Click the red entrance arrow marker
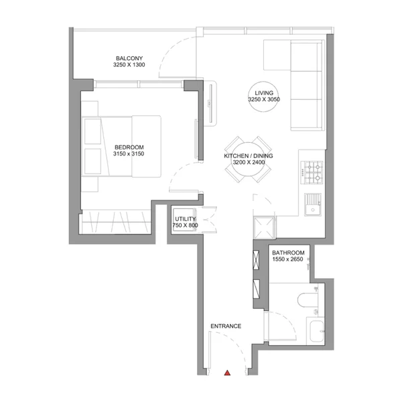(227, 373)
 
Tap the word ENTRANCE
(226, 326)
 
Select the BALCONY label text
(129, 58)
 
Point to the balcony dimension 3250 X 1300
(129, 65)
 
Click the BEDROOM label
(129, 147)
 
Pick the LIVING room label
(264, 93)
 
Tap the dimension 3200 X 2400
(249, 162)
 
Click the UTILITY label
(186, 219)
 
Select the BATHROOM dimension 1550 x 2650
(287, 259)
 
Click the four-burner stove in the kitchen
(312, 172)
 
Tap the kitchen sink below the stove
(313, 204)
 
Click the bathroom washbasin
(316, 331)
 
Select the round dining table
(248, 159)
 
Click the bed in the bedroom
(121, 146)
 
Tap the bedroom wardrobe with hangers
(115, 222)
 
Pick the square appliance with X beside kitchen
(264, 228)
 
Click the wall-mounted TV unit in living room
(210, 104)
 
